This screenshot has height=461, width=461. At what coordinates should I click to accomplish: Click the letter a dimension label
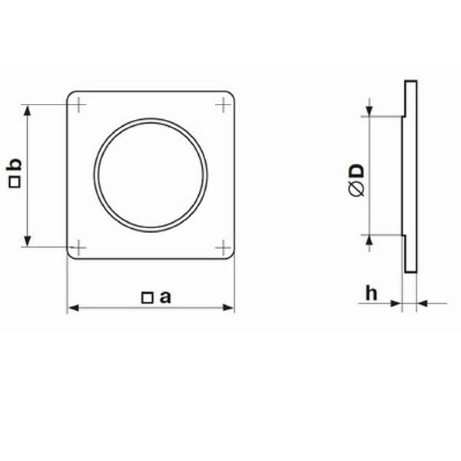(165, 297)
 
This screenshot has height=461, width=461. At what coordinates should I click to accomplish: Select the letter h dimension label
(371, 293)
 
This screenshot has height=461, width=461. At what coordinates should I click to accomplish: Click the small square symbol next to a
(147, 298)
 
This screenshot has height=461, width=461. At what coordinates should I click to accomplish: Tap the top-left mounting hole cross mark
(78, 104)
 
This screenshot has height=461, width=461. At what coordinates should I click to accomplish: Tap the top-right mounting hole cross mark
(223, 104)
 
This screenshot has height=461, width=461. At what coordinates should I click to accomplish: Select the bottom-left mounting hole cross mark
(78, 247)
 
